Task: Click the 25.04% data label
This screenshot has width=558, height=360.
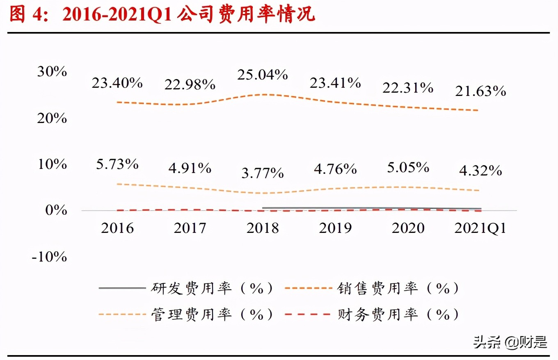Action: [263, 75]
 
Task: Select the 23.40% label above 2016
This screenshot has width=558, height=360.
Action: [117, 83]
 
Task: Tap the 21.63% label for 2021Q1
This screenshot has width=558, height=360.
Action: [480, 91]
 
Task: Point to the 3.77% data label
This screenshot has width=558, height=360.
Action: [263, 173]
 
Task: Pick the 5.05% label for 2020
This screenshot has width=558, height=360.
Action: [408, 167]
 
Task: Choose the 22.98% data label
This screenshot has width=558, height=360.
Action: [190, 85]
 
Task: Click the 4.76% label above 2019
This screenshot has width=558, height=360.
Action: [336, 169]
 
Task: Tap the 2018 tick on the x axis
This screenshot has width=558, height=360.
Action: [263, 228]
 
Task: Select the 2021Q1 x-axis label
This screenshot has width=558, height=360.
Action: [480, 228]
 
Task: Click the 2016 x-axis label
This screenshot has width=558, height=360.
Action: [117, 228]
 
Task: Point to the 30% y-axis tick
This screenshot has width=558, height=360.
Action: [52, 72]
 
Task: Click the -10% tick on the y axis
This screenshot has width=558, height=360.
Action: [49, 257]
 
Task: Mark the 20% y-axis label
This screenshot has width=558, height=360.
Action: [52, 118]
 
